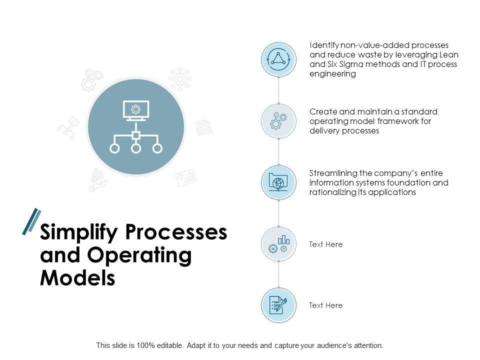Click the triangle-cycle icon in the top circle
click(278, 58)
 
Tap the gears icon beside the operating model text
click(278, 120)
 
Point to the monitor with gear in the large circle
click(135, 110)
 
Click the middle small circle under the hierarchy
click(135, 148)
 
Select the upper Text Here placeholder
click(326, 244)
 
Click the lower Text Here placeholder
click(326, 305)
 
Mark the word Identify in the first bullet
click(323, 45)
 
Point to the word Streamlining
click(333, 173)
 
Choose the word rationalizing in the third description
click(332, 192)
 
